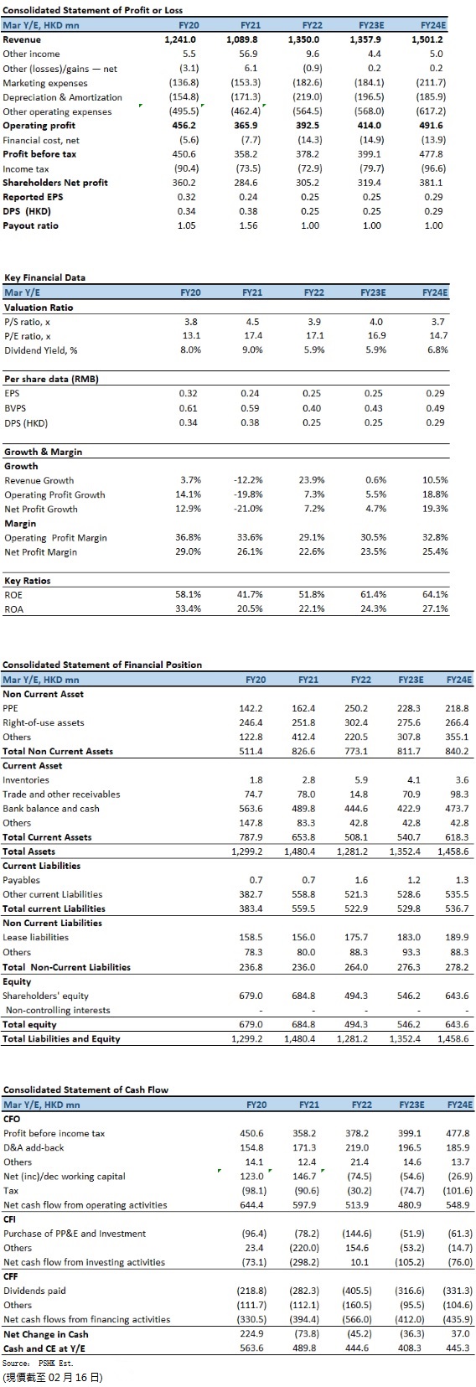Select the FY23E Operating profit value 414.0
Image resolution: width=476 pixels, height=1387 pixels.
click(370, 126)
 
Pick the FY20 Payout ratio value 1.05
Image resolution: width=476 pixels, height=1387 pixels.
click(186, 226)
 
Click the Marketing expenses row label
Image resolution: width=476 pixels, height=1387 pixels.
click(45, 83)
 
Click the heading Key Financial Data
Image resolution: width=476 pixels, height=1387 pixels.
click(44, 278)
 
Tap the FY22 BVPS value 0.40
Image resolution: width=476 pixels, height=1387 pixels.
click(312, 409)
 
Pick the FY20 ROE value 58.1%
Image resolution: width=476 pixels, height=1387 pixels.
click(189, 595)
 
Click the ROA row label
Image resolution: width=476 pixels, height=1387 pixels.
click(13, 609)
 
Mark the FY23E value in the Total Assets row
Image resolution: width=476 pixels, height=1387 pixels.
click(405, 852)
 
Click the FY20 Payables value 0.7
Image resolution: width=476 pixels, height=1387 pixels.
click(256, 881)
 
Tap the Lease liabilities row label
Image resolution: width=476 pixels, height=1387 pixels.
click(36, 938)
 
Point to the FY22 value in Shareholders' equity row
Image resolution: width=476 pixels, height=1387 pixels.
click(356, 996)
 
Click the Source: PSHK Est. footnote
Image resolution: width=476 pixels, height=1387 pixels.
click(38, 1363)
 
